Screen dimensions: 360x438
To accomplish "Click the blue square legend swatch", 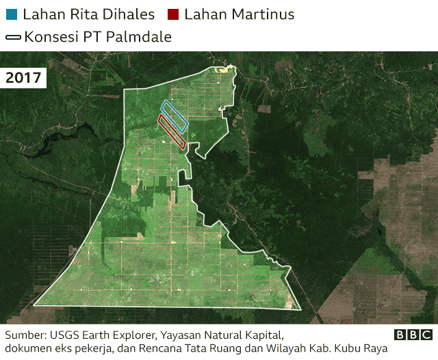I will click(11, 14).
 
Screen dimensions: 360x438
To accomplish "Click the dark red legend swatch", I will click(172, 14).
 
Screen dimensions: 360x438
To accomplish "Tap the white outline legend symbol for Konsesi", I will click(12, 37).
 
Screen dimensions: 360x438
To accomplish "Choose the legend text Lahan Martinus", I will click(240, 14).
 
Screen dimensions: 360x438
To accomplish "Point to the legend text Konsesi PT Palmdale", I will click(98, 37).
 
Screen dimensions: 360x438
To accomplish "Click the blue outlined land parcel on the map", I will click(175, 116).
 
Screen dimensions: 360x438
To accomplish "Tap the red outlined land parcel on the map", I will click(172, 131).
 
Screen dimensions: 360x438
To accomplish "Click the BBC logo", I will click(413, 335).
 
